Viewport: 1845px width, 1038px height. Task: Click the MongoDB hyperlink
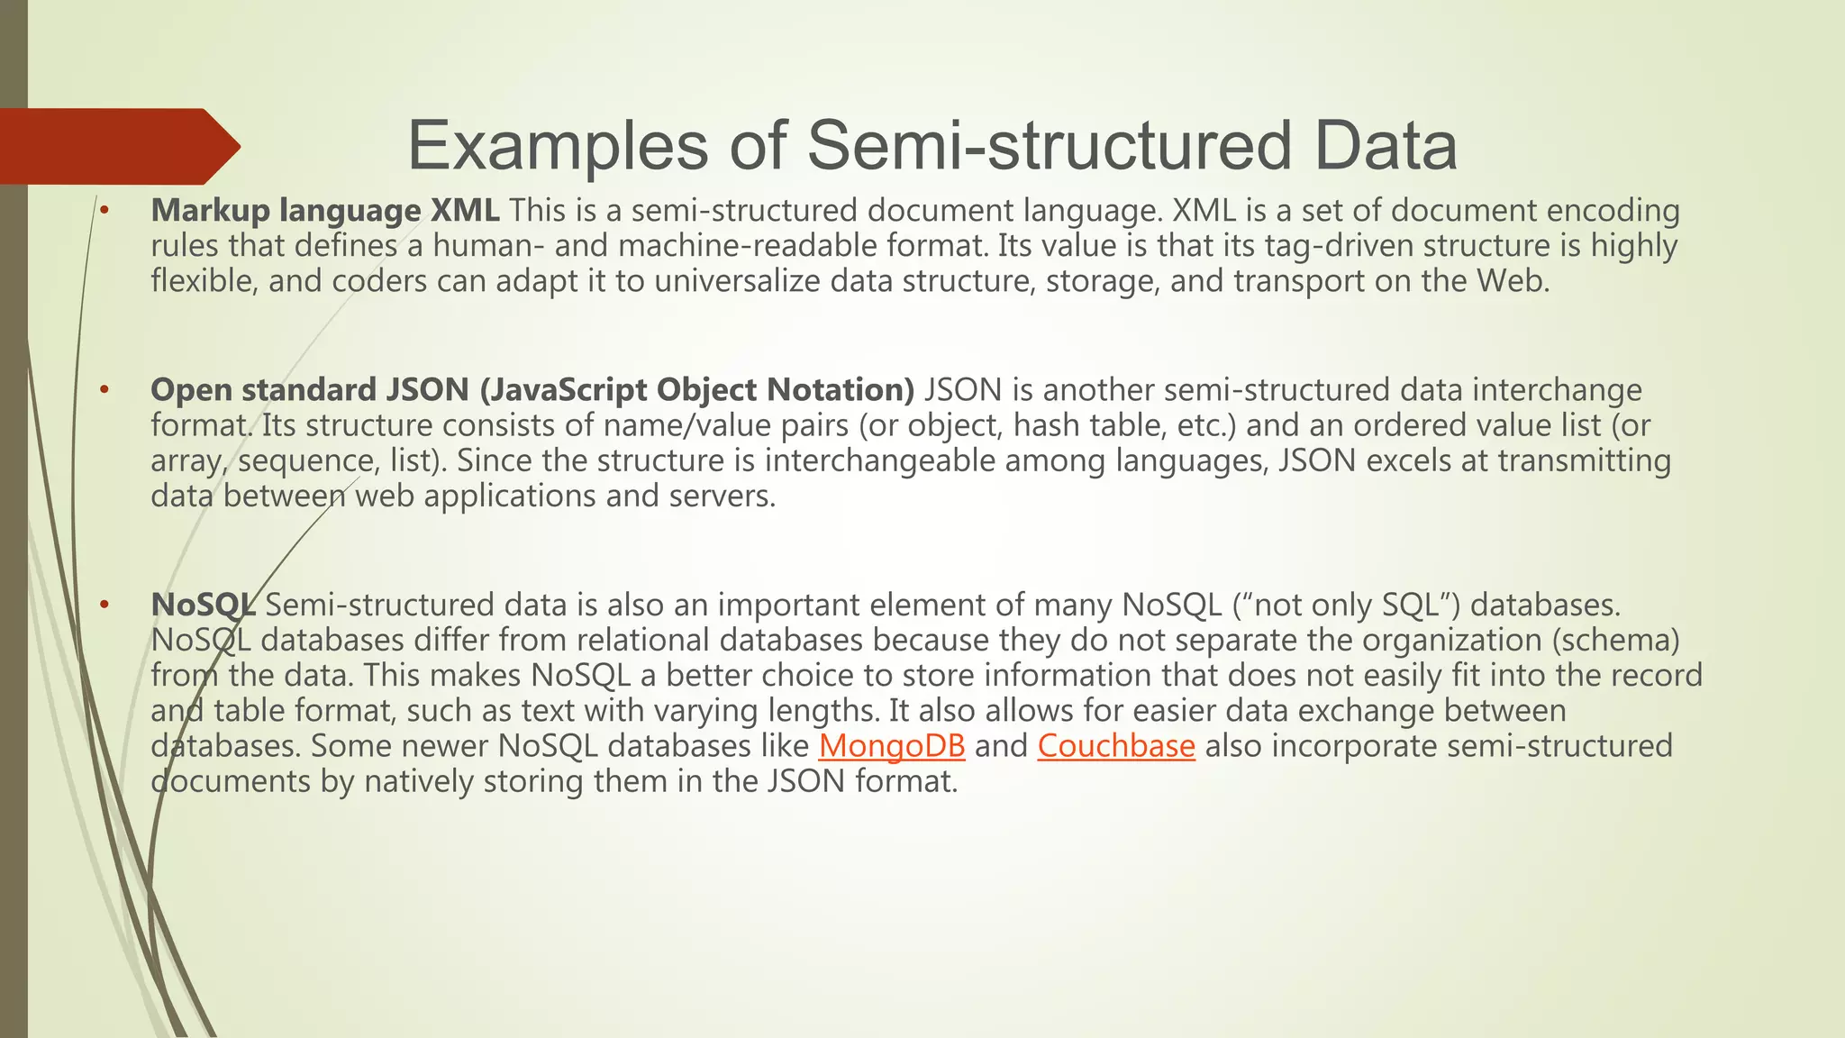coord(891,746)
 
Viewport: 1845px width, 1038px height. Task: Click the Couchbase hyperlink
coord(1115,746)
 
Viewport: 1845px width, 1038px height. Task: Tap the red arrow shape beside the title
coord(117,146)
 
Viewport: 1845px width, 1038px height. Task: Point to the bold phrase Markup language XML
coord(324,211)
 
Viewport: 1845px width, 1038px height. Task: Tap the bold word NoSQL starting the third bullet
coord(202,605)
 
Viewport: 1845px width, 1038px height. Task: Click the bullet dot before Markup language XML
coord(105,211)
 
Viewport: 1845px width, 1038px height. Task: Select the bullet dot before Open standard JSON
coord(105,390)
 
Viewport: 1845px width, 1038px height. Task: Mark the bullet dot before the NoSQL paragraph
coord(105,605)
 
